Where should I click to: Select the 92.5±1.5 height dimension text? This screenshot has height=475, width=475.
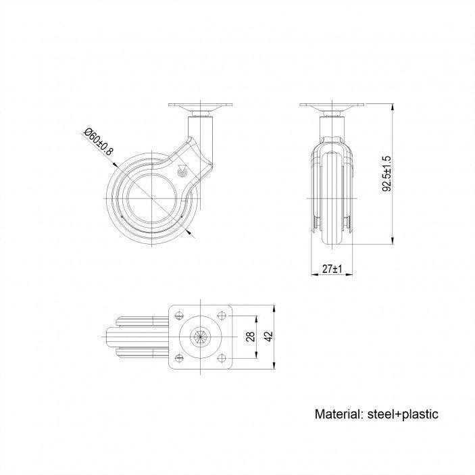click(x=387, y=174)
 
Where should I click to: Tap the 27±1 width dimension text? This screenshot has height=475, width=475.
click(x=332, y=269)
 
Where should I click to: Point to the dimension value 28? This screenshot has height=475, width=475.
click(x=250, y=336)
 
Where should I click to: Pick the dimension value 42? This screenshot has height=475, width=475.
click(x=269, y=336)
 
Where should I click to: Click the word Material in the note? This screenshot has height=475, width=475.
click(x=339, y=414)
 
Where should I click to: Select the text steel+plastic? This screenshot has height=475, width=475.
click(x=403, y=414)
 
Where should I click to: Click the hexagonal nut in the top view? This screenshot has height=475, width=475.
click(x=200, y=337)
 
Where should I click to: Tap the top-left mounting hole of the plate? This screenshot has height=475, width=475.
click(x=180, y=316)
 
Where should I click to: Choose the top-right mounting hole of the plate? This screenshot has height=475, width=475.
click(x=222, y=316)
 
